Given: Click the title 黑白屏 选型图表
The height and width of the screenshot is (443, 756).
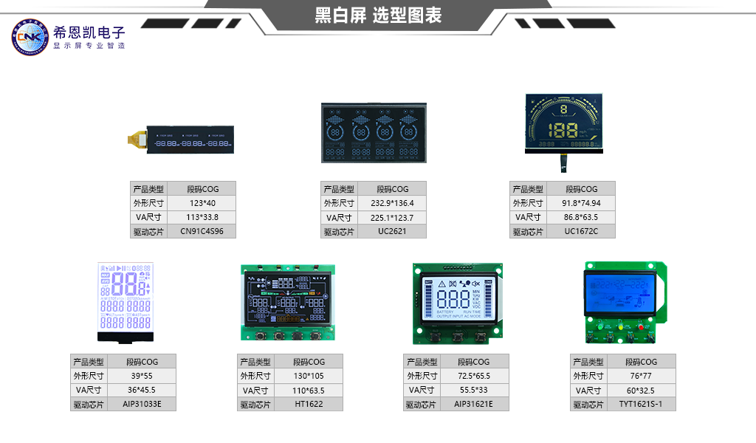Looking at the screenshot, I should [378, 16].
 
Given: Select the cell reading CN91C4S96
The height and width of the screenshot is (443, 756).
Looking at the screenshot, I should [202, 231].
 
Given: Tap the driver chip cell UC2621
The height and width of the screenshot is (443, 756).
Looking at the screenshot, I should [392, 232].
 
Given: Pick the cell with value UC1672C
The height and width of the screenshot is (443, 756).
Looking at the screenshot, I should [581, 232].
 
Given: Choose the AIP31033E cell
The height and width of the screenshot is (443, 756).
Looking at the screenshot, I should [142, 404].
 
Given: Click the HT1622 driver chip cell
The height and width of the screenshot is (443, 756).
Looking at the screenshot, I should [309, 404].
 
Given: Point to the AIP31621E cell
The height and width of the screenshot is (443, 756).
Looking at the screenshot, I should [473, 404].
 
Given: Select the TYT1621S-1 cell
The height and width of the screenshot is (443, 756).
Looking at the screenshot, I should [640, 404].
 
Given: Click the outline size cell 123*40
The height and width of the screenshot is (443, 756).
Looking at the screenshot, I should [202, 203].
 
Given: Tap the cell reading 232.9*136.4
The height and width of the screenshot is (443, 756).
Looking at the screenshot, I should [392, 203].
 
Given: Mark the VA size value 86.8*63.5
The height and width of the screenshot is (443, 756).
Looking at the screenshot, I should [581, 217].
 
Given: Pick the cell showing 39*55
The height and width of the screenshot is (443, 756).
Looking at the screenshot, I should [142, 376].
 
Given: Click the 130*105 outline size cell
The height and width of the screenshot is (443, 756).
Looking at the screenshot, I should [309, 376].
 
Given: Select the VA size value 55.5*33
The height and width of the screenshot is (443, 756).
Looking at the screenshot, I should [473, 390].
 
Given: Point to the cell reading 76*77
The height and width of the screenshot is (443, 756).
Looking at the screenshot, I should [640, 376].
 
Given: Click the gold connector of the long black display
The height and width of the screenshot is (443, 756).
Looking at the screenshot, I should [136, 139].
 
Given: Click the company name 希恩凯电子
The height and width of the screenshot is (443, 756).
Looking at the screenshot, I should [89, 32].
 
